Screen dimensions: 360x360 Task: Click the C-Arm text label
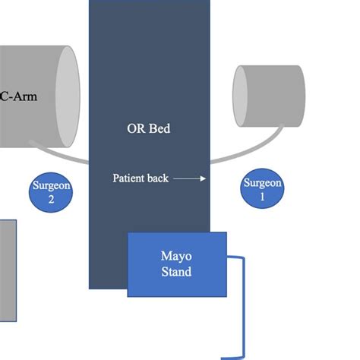click(17, 96)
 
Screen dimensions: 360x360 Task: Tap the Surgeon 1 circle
click(262, 189)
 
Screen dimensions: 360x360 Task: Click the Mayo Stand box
click(176, 264)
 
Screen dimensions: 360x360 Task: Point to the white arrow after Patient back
click(189, 178)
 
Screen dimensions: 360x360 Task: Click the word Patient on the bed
click(129, 178)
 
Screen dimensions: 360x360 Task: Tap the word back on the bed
click(158, 178)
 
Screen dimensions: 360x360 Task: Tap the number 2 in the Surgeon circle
click(52, 200)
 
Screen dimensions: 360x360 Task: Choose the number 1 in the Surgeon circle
click(262, 196)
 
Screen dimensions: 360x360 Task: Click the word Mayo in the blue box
click(176, 256)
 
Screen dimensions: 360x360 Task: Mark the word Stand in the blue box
click(176, 271)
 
